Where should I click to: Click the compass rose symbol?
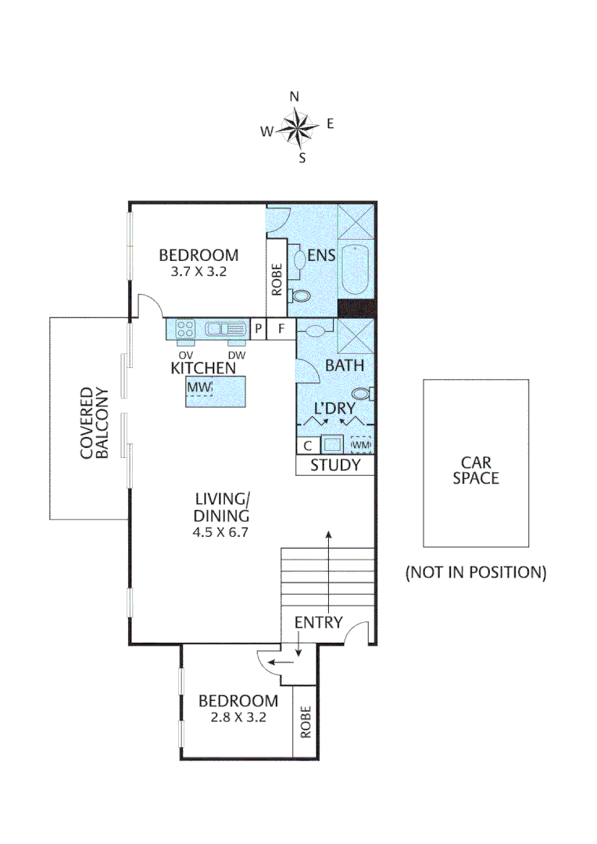(x=295, y=128)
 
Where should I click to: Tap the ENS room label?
(x=320, y=254)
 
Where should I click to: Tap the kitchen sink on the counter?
(x=225, y=329)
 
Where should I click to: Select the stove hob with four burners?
(x=185, y=329)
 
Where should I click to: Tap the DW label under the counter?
(x=237, y=355)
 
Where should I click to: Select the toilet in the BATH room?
(x=362, y=393)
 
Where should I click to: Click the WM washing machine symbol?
(x=360, y=445)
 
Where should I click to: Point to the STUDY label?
(x=335, y=466)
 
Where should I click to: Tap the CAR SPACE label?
(x=475, y=470)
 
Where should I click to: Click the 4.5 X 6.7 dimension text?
(x=223, y=531)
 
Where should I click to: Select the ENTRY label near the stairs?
(x=318, y=622)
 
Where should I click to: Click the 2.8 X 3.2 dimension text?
(x=238, y=717)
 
